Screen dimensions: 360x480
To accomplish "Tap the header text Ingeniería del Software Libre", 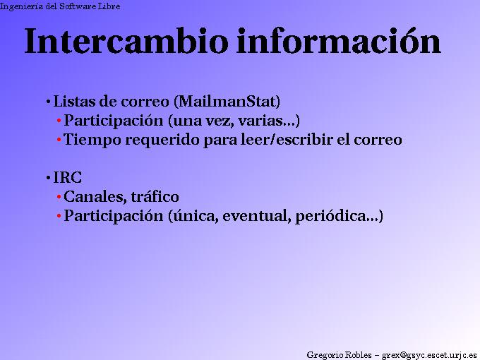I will (x=60, y=6).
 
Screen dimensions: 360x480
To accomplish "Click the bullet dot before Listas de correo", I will (x=48, y=101).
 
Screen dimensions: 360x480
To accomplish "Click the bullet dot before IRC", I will (x=48, y=178).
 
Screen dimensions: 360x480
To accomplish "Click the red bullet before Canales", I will (x=59, y=197).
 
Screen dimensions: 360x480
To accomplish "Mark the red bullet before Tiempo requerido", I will (x=59, y=140).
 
